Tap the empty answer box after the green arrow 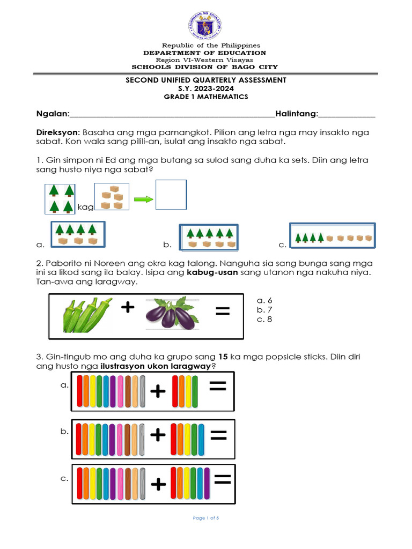click(x=171, y=195)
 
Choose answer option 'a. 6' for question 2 click(x=264, y=301)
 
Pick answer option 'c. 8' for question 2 click(x=264, y=320)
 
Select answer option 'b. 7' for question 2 click(x=264, y=310)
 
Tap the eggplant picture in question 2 click(x=172, y=314)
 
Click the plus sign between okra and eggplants click(x=127, y=307)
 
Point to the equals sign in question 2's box click(x=222, y=311)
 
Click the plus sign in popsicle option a click(x=158, y=392)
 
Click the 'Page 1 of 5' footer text click(x=205, y=518)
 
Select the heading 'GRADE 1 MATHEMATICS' click(x=206, y=97)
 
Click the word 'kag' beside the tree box click(x=85, y=207)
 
